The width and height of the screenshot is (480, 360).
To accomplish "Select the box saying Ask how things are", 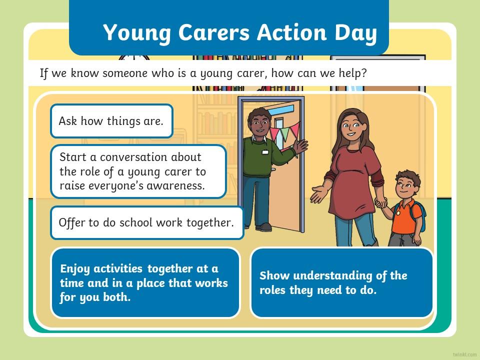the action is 111,121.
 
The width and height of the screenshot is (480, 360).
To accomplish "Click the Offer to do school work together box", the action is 147,222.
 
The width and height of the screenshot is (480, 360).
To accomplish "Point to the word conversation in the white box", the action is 150,157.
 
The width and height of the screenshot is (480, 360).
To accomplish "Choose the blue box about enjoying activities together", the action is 145,283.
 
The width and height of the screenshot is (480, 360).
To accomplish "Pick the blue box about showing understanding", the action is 342,283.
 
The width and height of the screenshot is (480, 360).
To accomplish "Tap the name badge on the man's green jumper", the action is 265,152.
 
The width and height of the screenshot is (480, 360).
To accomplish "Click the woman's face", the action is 352,126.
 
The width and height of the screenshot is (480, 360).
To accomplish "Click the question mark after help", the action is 363,73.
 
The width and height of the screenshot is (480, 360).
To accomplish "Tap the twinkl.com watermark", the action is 464,354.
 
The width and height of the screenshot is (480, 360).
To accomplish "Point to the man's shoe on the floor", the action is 263,227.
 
